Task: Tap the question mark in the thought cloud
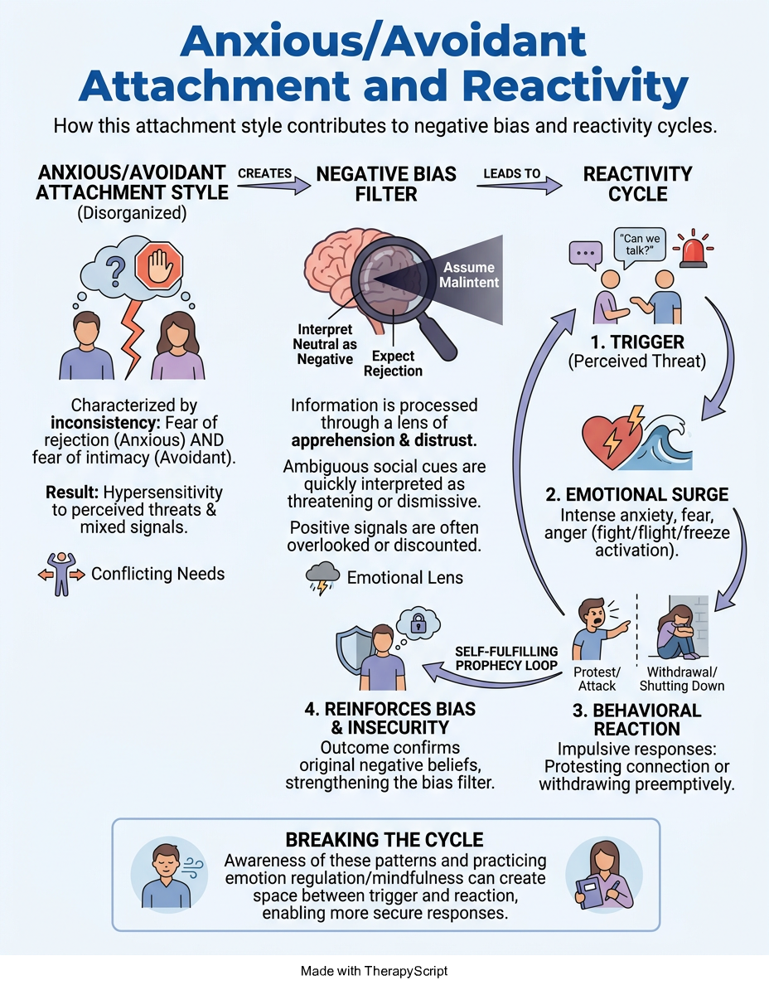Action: (x=115, y=270)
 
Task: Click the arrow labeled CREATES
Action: (x=274, y=185)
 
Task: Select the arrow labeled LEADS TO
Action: (x=519, y=185)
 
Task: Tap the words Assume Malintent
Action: (x=469, y=275)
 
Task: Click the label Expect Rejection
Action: (x=393, y=364)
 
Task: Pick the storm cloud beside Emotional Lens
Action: (x=322, y=577)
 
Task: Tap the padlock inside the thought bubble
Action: (x=418, y=624)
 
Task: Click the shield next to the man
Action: (x=353, y=652)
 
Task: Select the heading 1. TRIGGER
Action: (x=637, y=342)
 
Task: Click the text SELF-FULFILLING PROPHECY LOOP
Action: (x=506, y=658)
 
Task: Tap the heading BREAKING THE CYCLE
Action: (x=384, y=840)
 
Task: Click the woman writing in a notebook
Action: (x=603, y=875)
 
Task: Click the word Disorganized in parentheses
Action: (x=132, y=213)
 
